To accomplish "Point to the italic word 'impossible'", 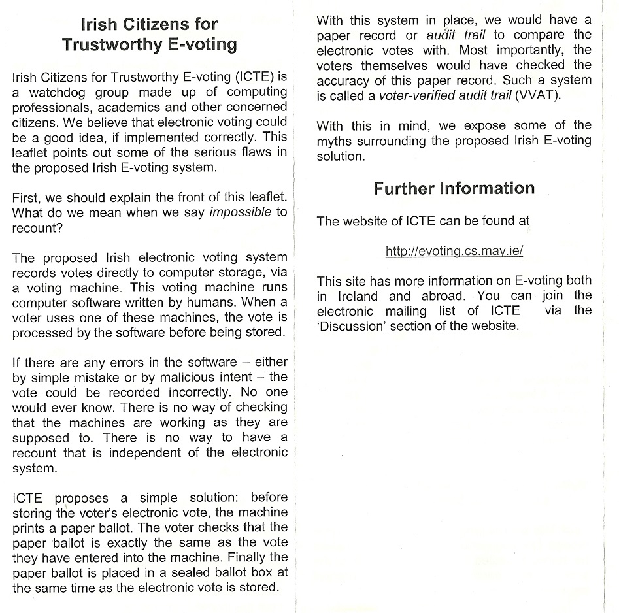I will (x=239, y=212).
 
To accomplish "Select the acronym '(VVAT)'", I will (x=538, y=95).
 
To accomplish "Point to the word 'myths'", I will (x=334, y=141).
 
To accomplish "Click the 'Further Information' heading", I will (x=454, y=188).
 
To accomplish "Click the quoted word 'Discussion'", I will (x=351, y=326).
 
